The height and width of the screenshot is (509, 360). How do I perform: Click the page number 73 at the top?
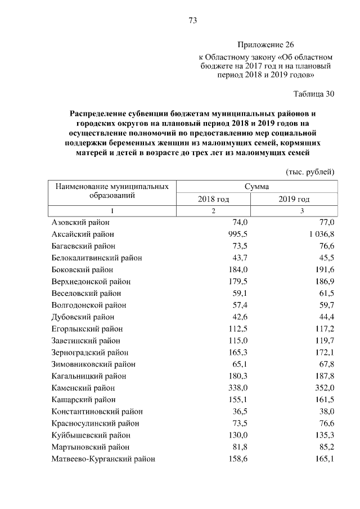[x=192, y=21]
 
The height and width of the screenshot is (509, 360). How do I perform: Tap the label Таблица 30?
[x=314, y=93]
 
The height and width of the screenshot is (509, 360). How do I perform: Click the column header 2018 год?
[x=213, y=199]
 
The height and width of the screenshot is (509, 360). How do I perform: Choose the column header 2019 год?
[x=294, y=199]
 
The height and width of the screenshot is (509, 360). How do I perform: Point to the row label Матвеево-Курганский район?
[x=103, y=458]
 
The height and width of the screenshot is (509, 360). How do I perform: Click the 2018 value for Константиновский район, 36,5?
[x=240, y=411]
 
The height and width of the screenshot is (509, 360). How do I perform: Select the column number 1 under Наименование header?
[x=112, y=211]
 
